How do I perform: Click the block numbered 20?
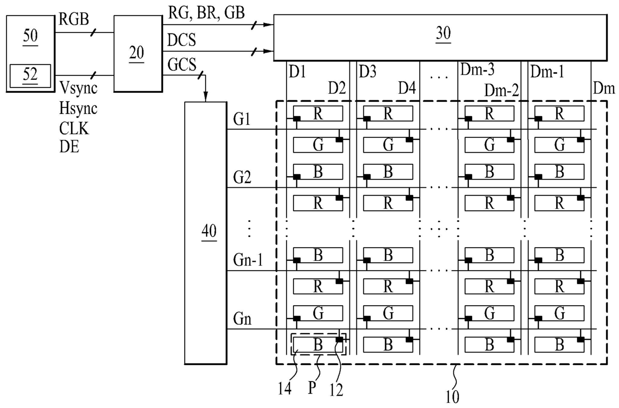coord(138,53)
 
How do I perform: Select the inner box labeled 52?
coord(30,76)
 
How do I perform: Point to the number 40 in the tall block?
coord(209,231)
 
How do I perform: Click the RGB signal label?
coord(74,19)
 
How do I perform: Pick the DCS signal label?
coord(182,40)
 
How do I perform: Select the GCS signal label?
coord(182,64)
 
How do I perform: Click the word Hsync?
coord(78,109)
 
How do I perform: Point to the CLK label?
coord(74,128)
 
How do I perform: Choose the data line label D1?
coord(297,72)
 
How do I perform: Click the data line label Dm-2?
coord(502,90)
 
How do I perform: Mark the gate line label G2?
coord(242,177)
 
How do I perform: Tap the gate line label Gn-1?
coord(248,260)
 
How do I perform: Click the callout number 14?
coord(285,389)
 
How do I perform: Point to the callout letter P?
coord(312,388)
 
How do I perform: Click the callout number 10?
coord(452,398)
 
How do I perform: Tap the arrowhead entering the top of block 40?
coord(205,97)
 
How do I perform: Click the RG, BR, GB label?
coord(206,13)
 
